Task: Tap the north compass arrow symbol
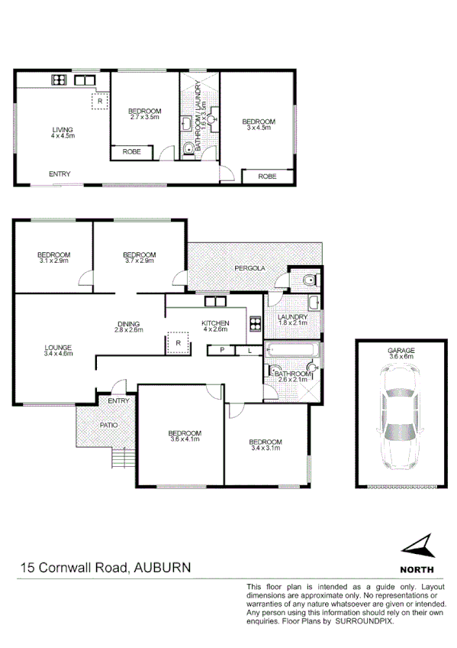[417, 547]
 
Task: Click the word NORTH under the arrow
[417, 569]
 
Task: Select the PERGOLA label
[249, 269]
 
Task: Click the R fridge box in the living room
[99, 100]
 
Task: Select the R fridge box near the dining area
[178, 343]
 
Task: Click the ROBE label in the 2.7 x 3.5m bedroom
[130, 153]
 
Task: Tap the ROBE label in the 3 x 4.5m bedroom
[266, 177]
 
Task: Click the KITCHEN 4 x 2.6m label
[215, 326]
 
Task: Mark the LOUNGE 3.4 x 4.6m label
[57, 351]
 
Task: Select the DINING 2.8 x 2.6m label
[128, 326]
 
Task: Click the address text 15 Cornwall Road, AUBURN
[105, 568]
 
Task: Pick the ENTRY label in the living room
[60, 174]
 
